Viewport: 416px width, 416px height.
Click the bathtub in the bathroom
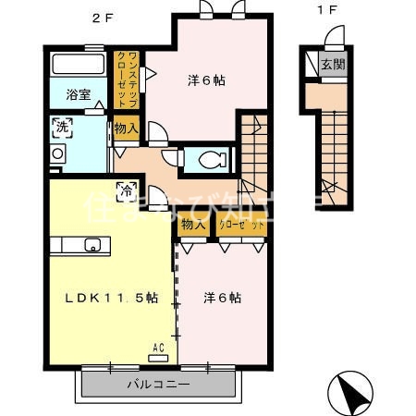pos(79,66)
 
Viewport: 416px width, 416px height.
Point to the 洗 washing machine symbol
pos(62,126)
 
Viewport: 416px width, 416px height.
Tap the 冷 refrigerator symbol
pos(125,191)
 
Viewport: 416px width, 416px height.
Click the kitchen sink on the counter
pos(92,245)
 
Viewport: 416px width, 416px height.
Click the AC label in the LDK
pos(158,349)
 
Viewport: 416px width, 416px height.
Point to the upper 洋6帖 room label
pos(206,80)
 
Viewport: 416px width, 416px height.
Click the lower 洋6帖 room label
pos(223,298)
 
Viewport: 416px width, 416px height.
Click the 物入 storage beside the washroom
pos(127,128)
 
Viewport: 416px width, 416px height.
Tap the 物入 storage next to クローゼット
pos(194,224)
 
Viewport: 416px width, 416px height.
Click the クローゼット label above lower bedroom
pos(242,224)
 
